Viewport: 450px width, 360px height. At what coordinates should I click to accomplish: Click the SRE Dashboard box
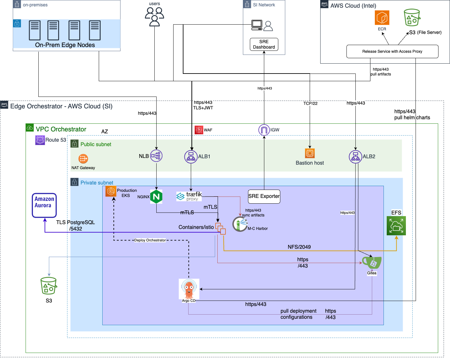[x=264, y=44]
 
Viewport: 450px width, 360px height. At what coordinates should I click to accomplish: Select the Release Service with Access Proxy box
[x=392, y=51]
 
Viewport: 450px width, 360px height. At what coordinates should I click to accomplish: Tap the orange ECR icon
[x=382, y=18]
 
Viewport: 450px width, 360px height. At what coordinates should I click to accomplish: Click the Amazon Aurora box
[x=44, y=205]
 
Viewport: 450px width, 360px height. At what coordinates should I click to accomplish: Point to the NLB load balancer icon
[x=156, y=156]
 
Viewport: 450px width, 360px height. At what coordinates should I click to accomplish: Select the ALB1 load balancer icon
[x=191, y=157]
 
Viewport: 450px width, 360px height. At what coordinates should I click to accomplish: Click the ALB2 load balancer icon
[x=355, y=157]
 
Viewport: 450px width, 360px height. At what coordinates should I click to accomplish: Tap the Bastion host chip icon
[x=310, y=153]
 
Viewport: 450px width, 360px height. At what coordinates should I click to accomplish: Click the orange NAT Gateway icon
[x=83, y=159]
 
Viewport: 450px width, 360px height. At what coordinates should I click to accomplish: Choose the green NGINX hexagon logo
[x=156, y=197]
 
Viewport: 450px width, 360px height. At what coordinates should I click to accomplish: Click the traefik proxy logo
[x=189, y=196]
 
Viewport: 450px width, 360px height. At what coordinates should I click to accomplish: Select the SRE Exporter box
[x=264, y=196]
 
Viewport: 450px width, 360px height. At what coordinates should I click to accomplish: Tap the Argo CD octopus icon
[x=189, y=289]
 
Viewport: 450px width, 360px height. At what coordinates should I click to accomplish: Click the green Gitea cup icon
[x=372, y=262]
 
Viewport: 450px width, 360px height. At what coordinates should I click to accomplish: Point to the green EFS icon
[x=396, y=226]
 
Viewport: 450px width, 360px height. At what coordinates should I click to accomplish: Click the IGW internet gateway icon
[x=264, y=130]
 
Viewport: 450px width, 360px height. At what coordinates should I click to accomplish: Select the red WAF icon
[x=199, y=130]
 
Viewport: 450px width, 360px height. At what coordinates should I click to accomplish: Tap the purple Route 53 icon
[x=40, y=140]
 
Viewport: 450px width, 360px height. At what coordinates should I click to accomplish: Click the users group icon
[x=154, y=16]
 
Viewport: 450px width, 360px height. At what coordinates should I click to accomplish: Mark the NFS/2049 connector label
[x=299, y=247]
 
